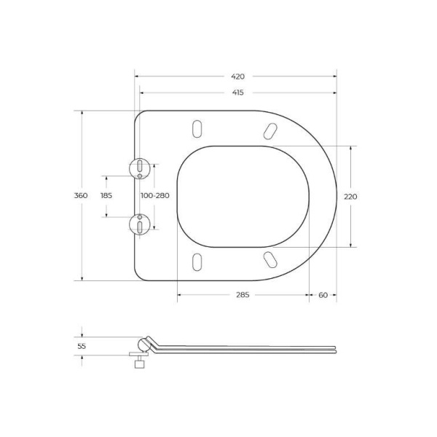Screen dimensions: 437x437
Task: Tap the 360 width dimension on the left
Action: pos(81,196)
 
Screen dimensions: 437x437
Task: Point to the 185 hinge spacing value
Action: pos(106,196)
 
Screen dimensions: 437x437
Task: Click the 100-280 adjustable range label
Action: pos(154,196)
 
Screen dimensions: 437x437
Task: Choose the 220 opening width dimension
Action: pos(351,196)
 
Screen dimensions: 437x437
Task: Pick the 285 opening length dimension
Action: pos(243,294)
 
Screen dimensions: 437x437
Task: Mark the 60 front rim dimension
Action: pos(323,294)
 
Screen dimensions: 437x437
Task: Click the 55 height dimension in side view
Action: pos(81,346)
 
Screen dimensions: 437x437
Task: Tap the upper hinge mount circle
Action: pos(138,168)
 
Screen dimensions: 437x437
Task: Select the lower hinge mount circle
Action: pos(138,224)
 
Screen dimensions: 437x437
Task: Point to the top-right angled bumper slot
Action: pos(269,130)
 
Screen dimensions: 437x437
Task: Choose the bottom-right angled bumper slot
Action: pos(269,260)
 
